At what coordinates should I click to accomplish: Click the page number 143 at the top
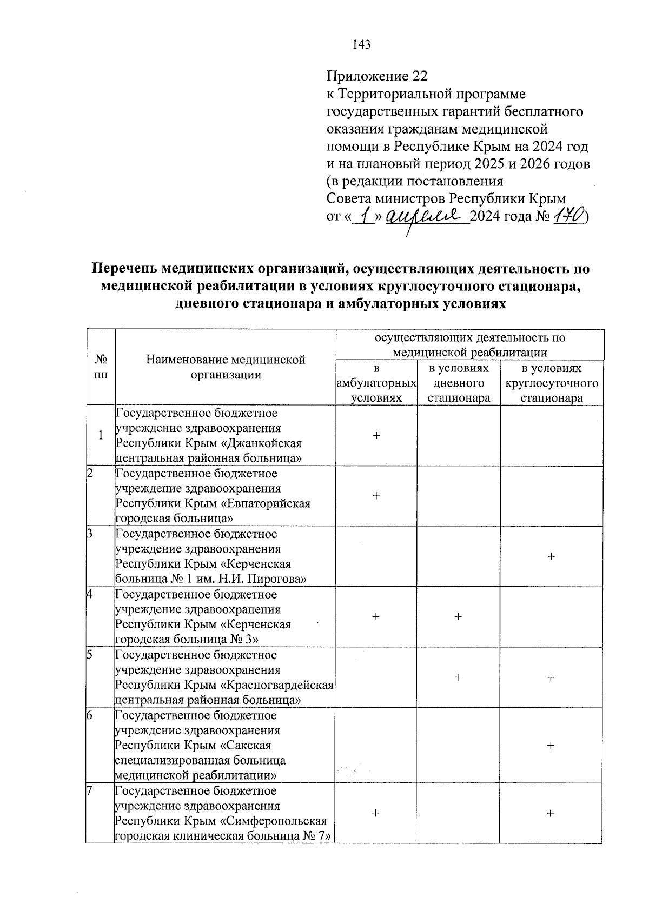(361, 45)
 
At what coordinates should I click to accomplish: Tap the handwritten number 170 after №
(569, 217)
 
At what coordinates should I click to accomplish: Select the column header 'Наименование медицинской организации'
(226, 367)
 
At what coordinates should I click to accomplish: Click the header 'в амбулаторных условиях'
(376, 383)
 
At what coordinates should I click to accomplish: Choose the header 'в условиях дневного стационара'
(458, 383)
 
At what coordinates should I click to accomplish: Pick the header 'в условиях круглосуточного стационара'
(551, 383)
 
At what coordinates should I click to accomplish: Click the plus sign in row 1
(376, 435)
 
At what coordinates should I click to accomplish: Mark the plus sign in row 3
(551, 556)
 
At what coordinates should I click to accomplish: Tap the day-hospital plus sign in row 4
(458, 616)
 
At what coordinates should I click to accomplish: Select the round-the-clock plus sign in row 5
(551, 677)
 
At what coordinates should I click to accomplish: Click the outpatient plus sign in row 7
(376, 813)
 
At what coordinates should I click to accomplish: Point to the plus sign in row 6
(551, 745)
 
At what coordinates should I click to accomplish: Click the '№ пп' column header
(100, 367)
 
